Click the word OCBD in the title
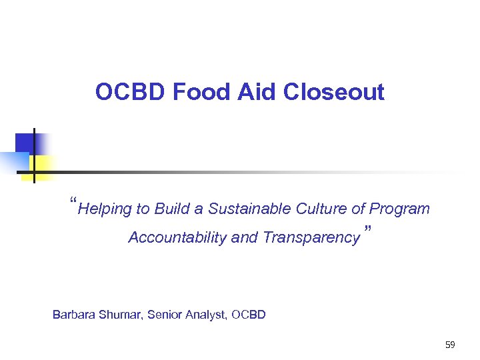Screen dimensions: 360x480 pos(131,92)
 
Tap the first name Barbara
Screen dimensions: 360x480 pos(74,314)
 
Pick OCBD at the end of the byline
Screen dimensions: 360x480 pos(249,314)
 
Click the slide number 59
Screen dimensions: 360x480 pos(450,345)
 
